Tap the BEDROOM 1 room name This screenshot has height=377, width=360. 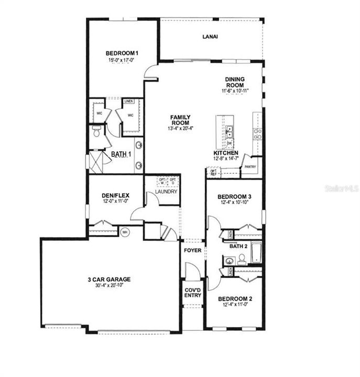(x=123, y=53)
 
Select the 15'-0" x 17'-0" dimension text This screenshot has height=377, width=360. (x=123, y=60)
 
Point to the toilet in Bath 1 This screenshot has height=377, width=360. (x=95, y=132)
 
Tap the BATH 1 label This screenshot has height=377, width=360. (x=122, y=154)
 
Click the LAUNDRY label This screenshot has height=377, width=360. (x=166, y=192)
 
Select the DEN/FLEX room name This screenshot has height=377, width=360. (x=115, y=196)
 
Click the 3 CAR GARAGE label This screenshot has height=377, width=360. (x=109, y=279)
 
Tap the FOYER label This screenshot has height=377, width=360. (x=192, y=251)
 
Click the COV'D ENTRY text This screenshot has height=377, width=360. (x=192, y=292)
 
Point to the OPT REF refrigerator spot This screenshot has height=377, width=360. (x=213, y=172)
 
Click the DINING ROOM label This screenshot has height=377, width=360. (x=235, y=82)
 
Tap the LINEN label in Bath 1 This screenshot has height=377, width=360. (x=128, y=102)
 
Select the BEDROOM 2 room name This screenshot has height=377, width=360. (x=235, y=299)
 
